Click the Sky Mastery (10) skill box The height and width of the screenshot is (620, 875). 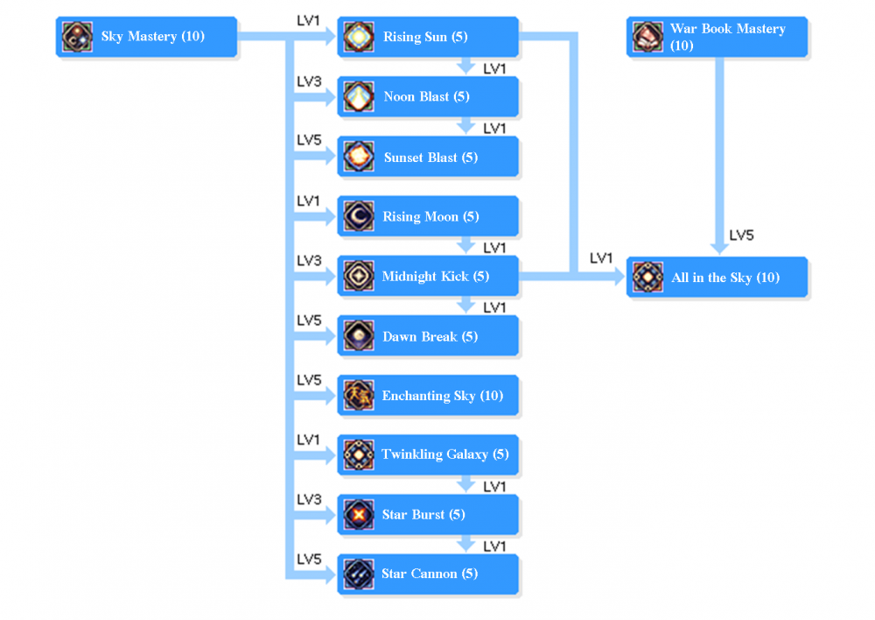146,37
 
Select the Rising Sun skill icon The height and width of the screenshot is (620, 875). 359,37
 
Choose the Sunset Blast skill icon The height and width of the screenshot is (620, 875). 359,157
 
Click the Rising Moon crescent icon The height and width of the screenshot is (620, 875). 359,216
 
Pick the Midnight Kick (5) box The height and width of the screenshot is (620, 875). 428,276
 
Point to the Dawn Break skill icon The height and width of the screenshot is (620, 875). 359,336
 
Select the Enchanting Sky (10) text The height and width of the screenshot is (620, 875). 442,396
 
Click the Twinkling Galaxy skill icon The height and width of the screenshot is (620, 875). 359,454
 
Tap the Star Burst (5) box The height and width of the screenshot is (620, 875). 428,514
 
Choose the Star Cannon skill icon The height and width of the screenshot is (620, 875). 359,574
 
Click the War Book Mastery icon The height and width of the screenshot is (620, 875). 647,37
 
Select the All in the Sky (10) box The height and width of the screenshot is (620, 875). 717,278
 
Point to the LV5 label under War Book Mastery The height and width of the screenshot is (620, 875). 741,236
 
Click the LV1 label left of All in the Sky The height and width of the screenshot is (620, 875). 601,258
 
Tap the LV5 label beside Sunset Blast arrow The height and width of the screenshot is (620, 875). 309,141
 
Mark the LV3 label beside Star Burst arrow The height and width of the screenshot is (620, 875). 309,499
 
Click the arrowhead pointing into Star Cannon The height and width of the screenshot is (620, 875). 330,574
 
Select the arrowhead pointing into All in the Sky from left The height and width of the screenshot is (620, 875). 619,278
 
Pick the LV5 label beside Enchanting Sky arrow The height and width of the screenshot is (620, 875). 309,380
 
